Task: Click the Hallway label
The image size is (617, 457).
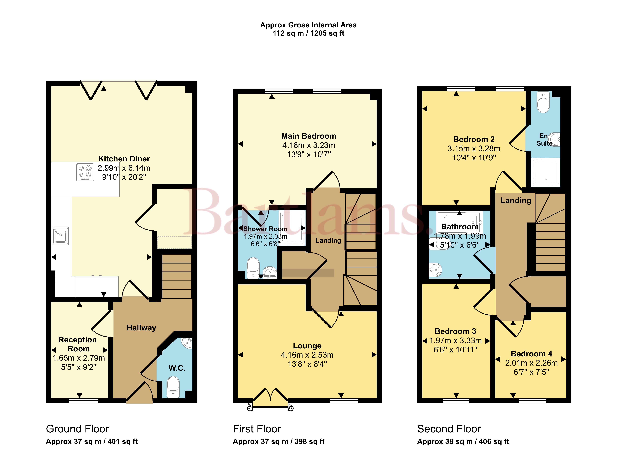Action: [x=141, y=328]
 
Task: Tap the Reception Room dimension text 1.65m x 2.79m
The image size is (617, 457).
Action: [x=79, y=358]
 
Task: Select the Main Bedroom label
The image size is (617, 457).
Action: [x=309, y=136]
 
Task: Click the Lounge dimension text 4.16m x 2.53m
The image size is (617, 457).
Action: [x=307, y=355]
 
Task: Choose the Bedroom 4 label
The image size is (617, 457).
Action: [x=531, y=354]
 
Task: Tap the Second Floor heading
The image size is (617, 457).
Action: [x=449, y=429]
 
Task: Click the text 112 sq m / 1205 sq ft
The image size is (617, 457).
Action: [x=308, y=34]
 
